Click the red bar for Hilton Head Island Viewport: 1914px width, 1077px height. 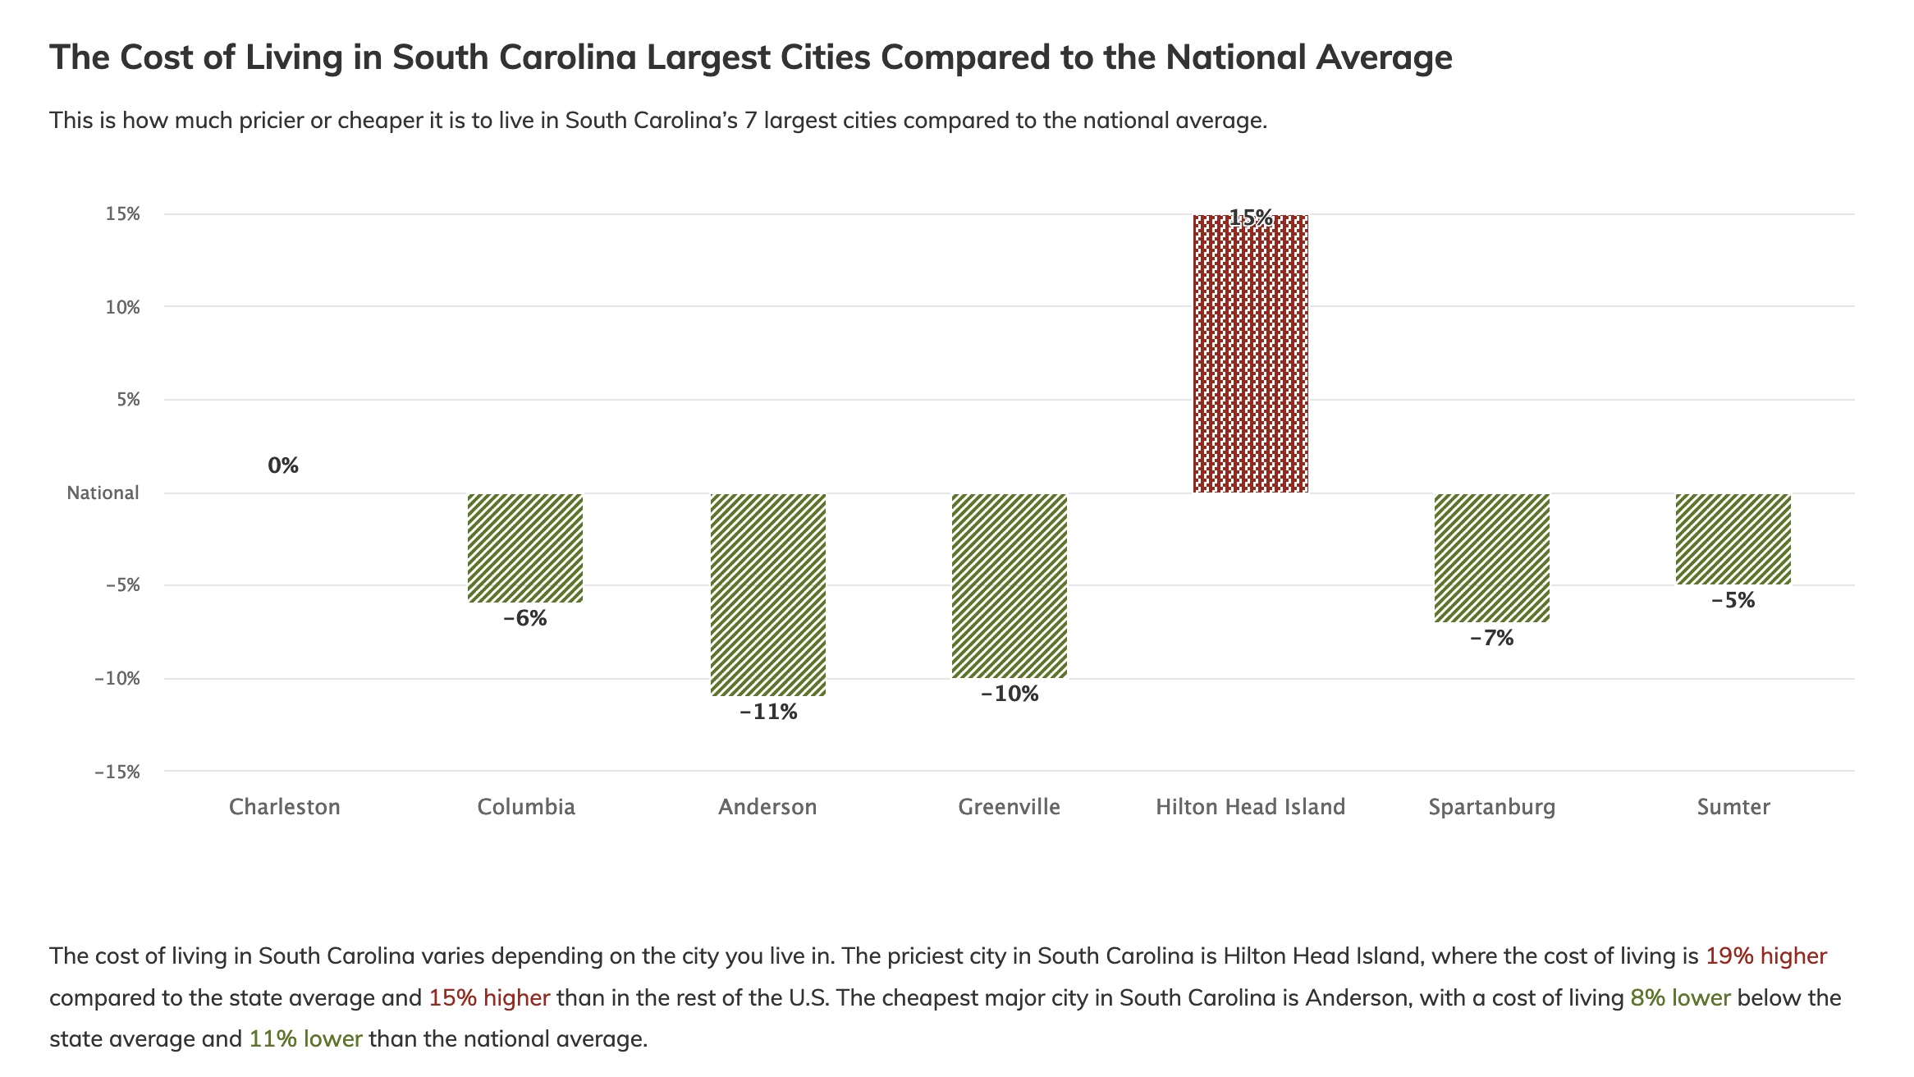tap(1250, 354)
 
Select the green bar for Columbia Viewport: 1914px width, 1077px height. tap(525, 548)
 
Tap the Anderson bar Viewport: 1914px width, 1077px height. tap(767, 594)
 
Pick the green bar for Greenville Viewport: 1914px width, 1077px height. tap(1009, 585)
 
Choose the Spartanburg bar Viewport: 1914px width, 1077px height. tap(1491, 557)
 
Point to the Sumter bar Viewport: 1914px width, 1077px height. tap(1733, 539)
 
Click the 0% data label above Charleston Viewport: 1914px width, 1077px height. tap(283, 465)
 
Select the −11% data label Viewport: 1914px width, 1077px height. tap(768, 712)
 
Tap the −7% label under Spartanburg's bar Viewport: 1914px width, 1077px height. tap(1491, 638)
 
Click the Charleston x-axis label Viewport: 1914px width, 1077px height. tap(284, 807)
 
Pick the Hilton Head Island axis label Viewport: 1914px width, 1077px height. tap(1250, 807)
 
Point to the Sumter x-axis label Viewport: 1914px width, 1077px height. tap(1733, 807)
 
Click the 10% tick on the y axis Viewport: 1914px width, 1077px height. tap(122, 307)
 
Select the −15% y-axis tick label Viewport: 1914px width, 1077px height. tap(117, 772)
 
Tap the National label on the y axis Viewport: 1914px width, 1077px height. tap(103, 493)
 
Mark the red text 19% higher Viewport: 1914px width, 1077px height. tap(1765, 956)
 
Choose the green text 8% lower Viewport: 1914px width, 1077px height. tap(1679, 997)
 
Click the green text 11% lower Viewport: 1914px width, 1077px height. tap(305, 1038)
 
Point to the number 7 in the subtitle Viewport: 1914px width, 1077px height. tap(750, 121)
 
